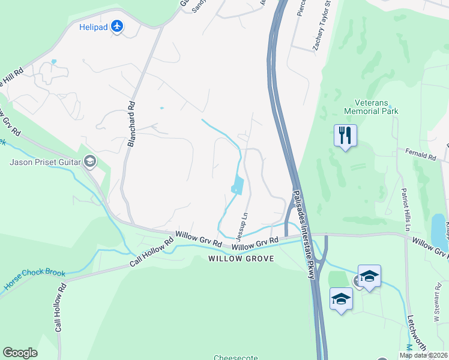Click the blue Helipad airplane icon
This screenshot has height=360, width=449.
[x=117, y=26]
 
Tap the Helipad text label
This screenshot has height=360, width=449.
[x=92, y=27]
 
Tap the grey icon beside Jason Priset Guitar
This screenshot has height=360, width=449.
[x=89, y=161]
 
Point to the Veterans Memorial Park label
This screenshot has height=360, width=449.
[x=371, y=107]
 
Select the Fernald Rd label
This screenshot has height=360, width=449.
[x=420, y=155]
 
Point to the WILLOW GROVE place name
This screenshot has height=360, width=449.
[x=241, y=259]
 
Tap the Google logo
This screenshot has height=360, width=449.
[x=20, y=353]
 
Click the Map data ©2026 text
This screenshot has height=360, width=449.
[x=424, y=355]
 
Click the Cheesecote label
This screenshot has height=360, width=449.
[x=235, y=358]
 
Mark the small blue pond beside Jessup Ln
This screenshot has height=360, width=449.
[x=237, y=185]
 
